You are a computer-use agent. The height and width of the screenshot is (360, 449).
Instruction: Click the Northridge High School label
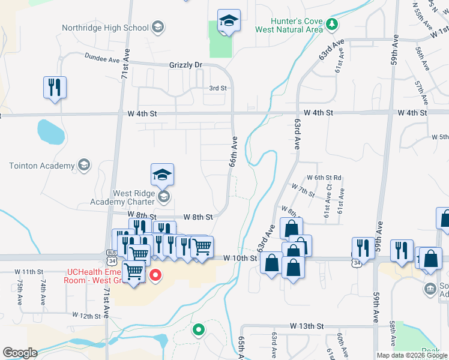(106, 28)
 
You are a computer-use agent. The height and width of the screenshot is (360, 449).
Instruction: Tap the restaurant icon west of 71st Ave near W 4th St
(54, 87)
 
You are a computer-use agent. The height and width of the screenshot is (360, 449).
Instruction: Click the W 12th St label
(88, 315)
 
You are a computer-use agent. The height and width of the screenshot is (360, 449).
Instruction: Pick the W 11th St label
(31, 272)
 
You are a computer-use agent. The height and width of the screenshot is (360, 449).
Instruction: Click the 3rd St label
(217, 88)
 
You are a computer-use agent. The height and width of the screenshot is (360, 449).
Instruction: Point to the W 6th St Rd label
(324, 178)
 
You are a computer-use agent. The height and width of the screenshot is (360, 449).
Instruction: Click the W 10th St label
(240, 258)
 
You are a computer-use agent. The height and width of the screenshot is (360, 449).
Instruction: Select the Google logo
(20, 353)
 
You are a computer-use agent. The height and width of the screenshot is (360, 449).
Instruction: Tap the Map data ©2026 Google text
(411, 355)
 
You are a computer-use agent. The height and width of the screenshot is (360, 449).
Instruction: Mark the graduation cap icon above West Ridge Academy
(162, 175)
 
